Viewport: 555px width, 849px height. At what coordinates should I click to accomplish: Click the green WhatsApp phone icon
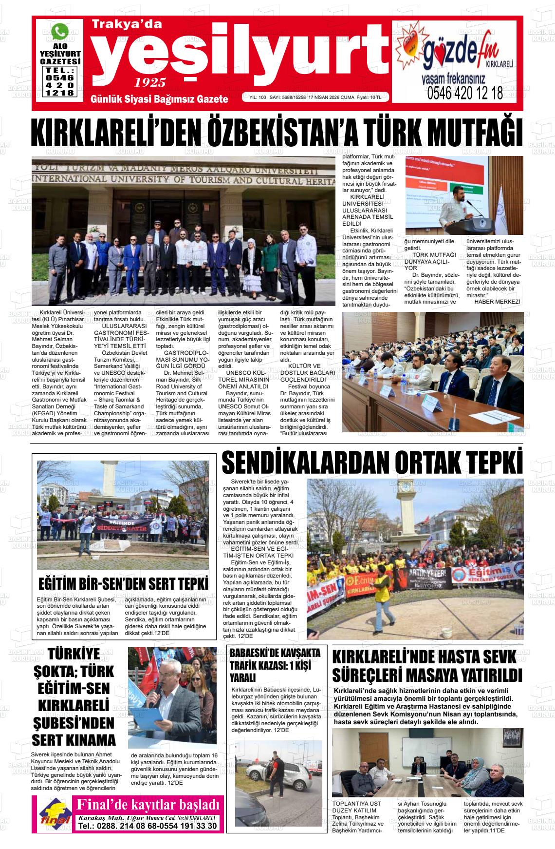click(x=60, y=32)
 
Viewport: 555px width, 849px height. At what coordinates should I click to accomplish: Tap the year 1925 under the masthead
click(x=150, y=82)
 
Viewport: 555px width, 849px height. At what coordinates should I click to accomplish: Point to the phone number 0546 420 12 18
click(x=464, y=93)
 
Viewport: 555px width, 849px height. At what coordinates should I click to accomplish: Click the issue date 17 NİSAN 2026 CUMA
click(x=331, y=97)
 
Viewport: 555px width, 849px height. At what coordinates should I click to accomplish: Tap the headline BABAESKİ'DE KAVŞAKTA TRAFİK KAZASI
click(x=275, y=665)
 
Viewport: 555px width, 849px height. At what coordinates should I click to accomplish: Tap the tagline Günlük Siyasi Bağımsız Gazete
click(x=160, y=99)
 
